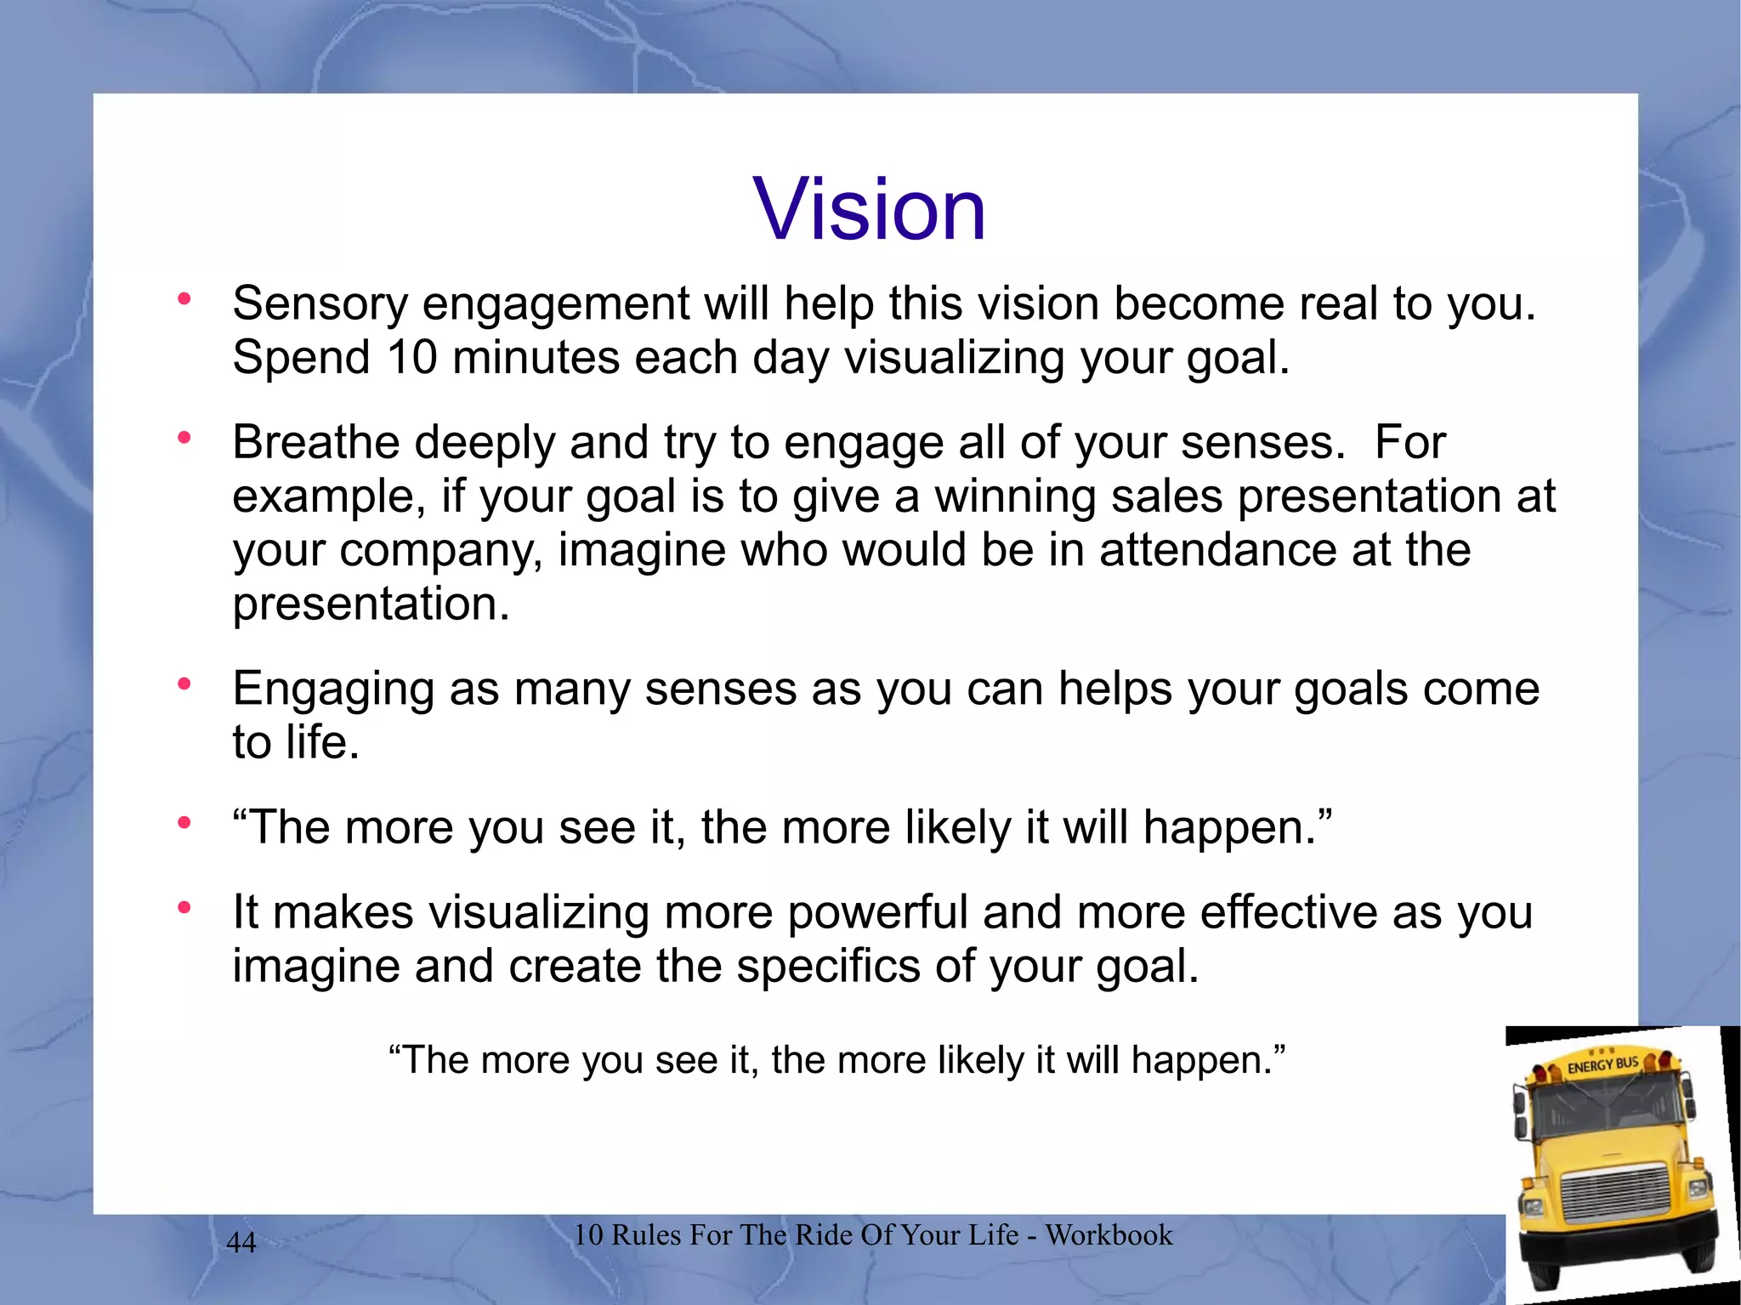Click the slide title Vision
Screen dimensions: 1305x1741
click(x=869, y=209)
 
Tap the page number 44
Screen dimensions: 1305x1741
click(x=241, y=1242)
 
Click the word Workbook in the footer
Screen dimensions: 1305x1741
click(x=1109, y=1234)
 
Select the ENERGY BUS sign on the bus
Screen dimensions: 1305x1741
click(x=1602, y=1064)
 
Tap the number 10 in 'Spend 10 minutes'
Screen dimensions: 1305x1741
click(x=411, y=357)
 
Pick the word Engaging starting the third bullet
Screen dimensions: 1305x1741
click(x=333, y=689)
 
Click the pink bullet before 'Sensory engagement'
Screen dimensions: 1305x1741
click(x=184, y=298)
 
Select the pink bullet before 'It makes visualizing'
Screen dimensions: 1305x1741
click(x=184, y=908)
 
